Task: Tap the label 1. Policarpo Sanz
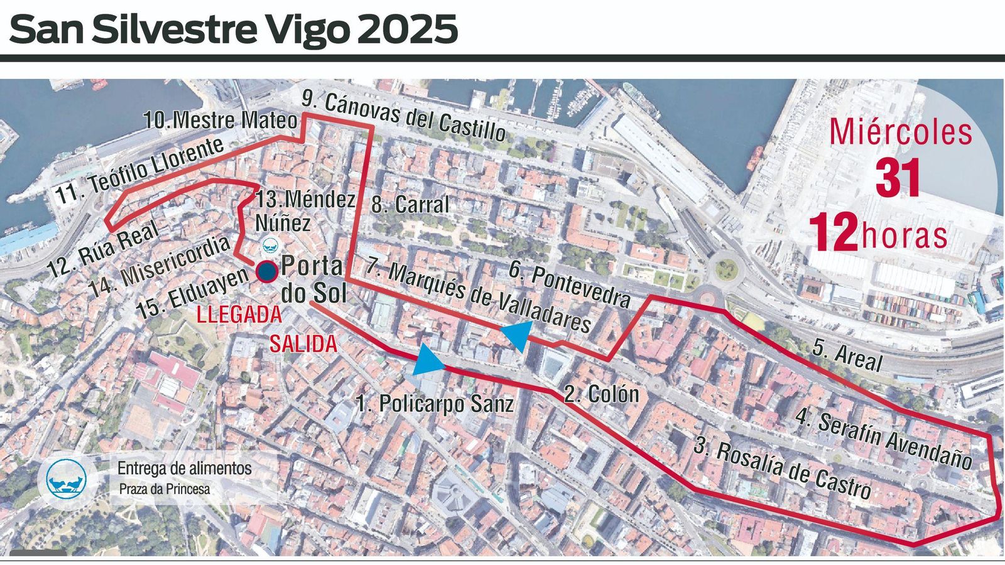(435, 403)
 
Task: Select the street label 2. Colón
(601, 394)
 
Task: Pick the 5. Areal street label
(847, 356)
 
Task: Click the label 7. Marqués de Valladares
(478, 296)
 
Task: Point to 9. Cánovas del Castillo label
(403, 116)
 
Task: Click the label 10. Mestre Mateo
(220, 120)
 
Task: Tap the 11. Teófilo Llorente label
(139, 170)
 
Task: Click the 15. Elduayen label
(192, 293)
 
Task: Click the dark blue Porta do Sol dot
(266, 271)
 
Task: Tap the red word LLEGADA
(239, 315)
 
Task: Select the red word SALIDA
(303, 344)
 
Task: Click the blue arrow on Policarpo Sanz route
(428, 360)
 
